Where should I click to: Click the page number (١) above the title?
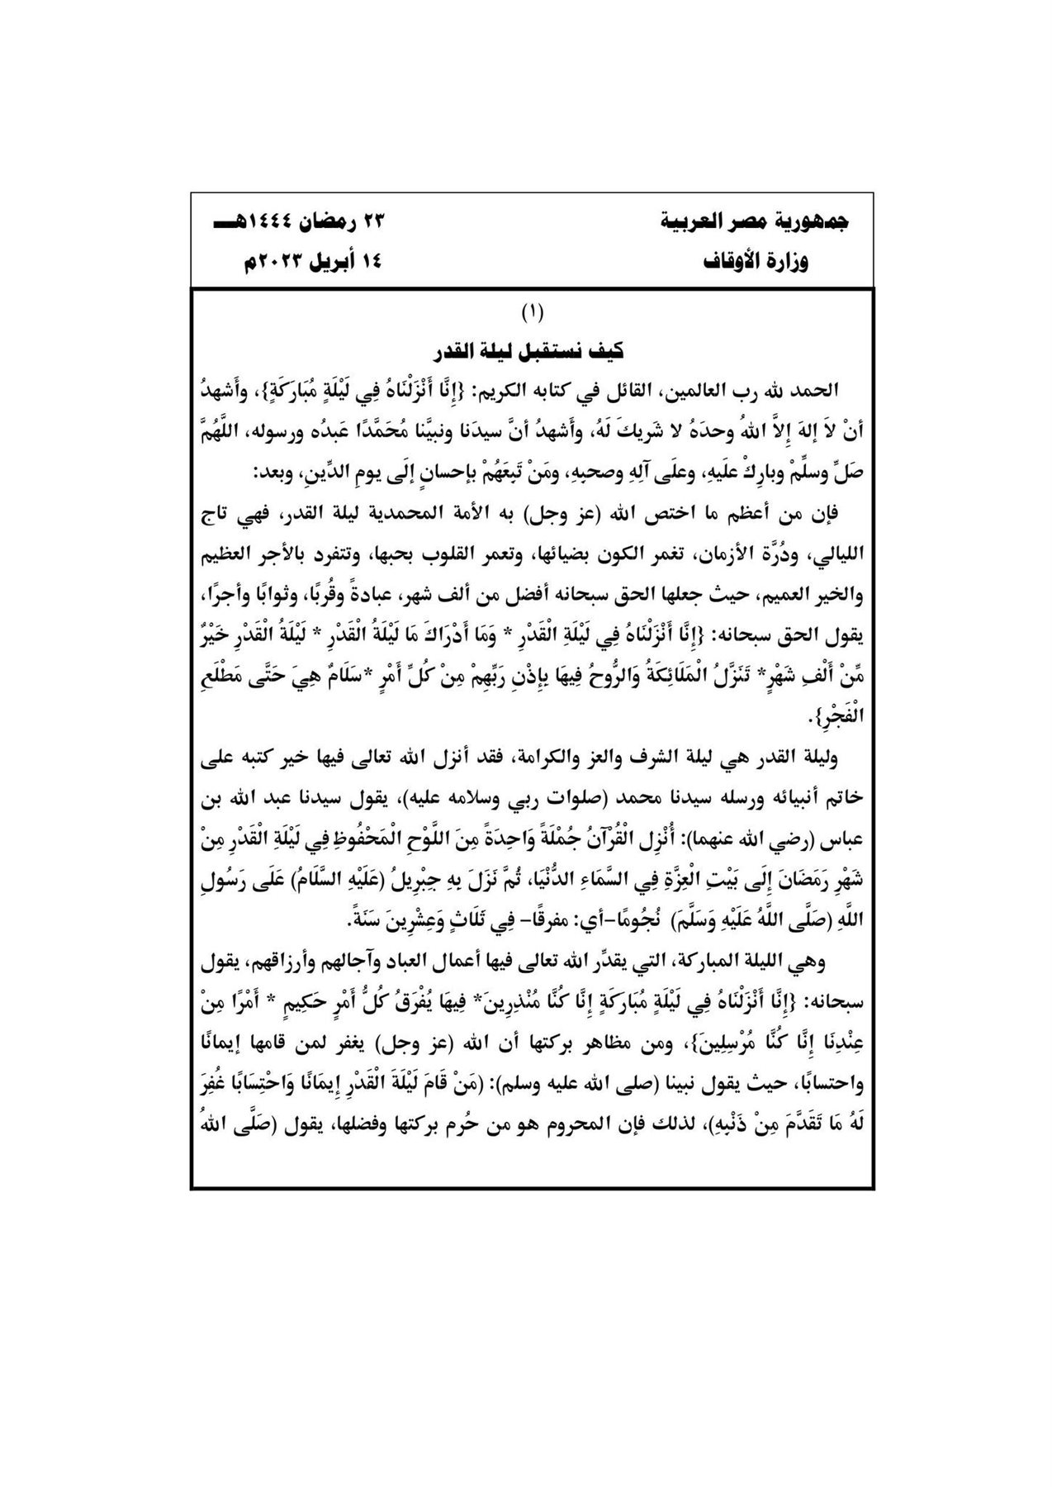coord(532,313)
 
